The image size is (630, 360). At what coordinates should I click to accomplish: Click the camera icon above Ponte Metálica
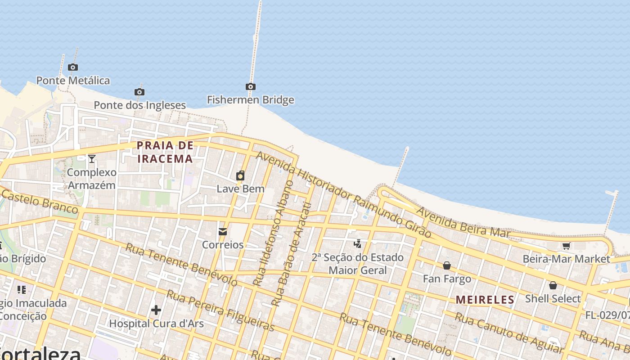73,67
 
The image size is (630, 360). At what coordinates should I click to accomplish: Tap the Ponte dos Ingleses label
139,105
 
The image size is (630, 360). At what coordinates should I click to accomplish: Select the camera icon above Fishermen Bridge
251,87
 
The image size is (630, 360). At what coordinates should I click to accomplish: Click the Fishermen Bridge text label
251,100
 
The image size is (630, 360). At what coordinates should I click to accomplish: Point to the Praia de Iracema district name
165,152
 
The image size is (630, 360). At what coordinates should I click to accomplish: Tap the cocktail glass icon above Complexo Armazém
92,158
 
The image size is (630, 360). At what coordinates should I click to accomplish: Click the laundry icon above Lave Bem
240,175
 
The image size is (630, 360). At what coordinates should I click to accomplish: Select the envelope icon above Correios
223,232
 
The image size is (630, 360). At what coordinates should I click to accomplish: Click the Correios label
223,245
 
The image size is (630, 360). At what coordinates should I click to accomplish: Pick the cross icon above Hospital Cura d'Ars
156,310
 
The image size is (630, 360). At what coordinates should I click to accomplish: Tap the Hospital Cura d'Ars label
156,324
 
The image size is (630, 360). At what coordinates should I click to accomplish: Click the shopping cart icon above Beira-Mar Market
566,246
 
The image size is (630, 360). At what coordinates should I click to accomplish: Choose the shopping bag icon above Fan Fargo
447,266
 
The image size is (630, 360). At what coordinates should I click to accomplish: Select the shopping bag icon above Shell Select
553,285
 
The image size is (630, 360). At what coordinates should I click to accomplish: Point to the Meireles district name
485,300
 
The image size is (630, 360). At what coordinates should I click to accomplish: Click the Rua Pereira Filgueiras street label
220,310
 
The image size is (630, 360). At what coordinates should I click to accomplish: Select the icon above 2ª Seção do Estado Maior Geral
358,244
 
